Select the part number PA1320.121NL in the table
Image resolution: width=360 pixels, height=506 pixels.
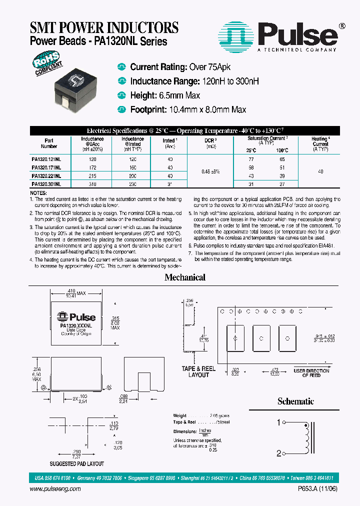pos(46,158)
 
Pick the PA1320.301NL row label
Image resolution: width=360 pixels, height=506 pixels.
pos(46,184)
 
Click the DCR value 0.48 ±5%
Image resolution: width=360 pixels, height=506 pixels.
pos(210,171)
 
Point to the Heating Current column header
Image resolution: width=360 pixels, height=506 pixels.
pos(320,143)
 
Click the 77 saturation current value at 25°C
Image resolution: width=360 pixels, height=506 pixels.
pos(251,158)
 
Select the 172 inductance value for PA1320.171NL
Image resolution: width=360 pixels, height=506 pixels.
pos(92,167)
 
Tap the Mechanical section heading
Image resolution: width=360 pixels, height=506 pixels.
pos(185,277)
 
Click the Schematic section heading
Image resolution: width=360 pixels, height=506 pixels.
pos(295,401)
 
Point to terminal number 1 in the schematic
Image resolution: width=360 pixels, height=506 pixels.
pos(279,423)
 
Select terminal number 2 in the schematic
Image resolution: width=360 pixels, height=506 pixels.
pos(279,453)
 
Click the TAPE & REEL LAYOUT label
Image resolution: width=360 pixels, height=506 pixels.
pos(198,371)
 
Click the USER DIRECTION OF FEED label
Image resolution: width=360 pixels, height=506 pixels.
pos(311,372)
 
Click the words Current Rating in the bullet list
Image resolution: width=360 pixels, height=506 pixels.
pos(158,67)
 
